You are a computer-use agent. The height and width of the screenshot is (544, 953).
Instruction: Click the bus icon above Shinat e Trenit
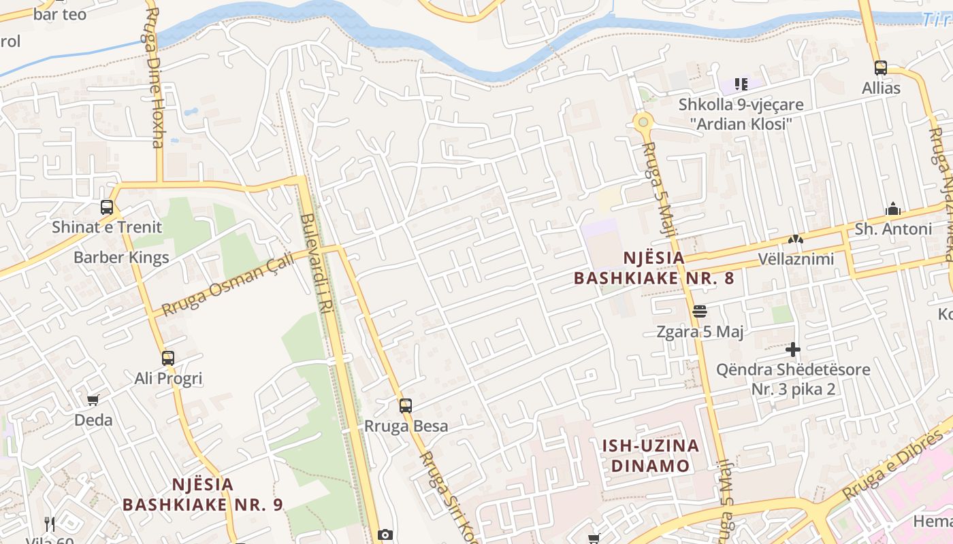pos(107,207)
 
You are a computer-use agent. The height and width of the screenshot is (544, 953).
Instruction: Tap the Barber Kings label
pos(121,258)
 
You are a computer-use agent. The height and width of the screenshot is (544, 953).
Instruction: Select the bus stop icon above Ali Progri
pos(168,358)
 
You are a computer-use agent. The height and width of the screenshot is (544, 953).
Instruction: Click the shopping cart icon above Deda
pos(93,400)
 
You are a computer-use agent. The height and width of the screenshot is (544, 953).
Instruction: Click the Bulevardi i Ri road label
pos(315,264)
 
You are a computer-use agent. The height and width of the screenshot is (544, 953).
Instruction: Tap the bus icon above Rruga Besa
pos(406,406)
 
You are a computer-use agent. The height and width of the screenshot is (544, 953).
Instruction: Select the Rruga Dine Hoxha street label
pos(154,78)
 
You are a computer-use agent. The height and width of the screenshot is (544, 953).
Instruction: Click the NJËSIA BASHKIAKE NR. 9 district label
pos(203,494)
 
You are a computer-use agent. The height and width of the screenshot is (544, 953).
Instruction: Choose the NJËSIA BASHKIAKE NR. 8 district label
pos(653,268)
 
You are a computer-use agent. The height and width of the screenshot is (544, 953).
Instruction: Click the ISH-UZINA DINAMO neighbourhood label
pos(650,456)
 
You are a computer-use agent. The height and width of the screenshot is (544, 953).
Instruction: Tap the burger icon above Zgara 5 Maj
pos(700,311)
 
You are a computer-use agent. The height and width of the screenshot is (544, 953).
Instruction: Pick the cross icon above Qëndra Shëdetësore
pos(793,350)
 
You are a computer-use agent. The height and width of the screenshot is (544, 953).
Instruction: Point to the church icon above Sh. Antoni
pos(893,209)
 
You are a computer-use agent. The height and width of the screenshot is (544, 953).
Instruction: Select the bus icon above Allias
pos(881,68)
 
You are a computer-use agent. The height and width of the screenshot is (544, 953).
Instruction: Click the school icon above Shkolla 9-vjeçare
pos(741,84)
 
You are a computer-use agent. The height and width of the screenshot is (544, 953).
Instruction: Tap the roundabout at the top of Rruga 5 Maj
pos(643,122)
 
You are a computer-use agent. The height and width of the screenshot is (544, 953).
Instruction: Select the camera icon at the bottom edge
pos(385,535)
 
